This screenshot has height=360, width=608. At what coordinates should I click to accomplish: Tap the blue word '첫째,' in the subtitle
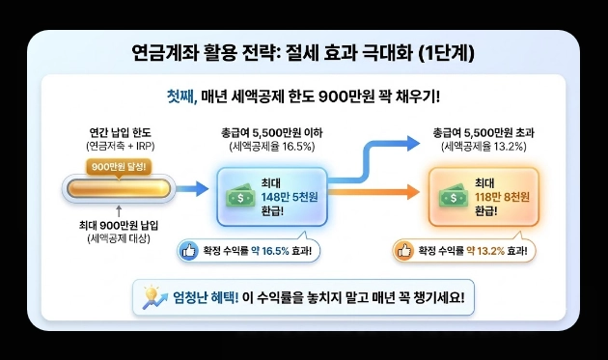tap(181, 97)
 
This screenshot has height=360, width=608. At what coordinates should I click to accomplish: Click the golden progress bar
tap(118, 187)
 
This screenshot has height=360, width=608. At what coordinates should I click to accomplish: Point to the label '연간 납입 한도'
tap(118, 132)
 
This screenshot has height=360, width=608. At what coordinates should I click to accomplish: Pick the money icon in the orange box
tap(447, 191)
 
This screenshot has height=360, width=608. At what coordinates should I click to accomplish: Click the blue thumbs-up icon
tap(188, 252)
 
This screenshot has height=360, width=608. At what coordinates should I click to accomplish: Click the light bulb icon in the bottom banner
tap(152, 295)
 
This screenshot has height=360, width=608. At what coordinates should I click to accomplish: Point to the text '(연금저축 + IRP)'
tap(118, 147)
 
